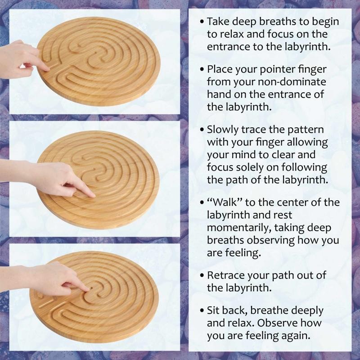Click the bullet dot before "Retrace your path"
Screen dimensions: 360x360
pyautogui.click(x=202, y=275)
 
